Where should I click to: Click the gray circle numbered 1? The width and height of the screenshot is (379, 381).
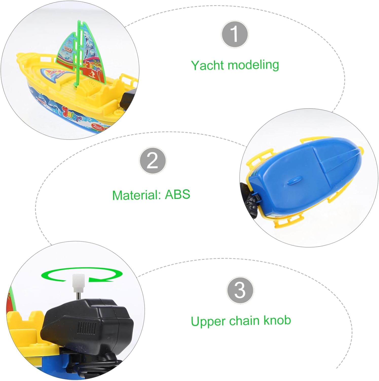(234, 34)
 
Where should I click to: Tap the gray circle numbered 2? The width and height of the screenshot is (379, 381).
(153, 161)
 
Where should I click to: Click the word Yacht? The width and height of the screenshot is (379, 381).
(208, 66)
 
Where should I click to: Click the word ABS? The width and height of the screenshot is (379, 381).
(177, 195)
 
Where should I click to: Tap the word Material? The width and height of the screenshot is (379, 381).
(137, 195)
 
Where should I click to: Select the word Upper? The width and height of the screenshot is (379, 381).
(208, 322)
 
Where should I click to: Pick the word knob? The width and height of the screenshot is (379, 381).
(277, 320)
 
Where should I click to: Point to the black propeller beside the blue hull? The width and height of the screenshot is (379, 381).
(250, 201)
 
